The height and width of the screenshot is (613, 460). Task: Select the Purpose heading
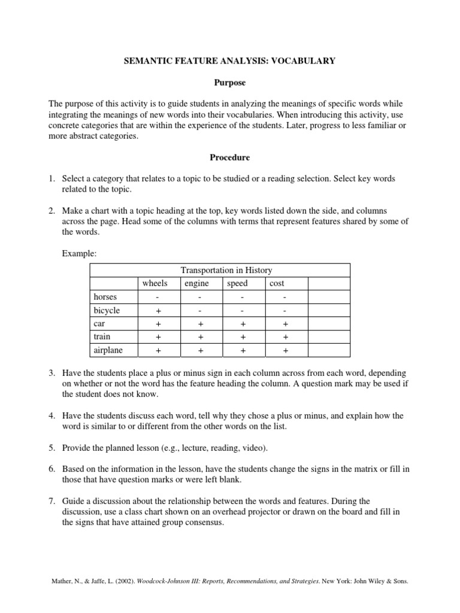coord(229,82)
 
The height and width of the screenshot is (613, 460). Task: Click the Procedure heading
coord(229,157)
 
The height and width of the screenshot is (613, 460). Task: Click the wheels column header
coord(154,283)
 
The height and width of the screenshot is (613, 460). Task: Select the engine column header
coord(196,283)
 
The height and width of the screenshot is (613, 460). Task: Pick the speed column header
coord(237,283)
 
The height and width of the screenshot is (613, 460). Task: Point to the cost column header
coord(277,283)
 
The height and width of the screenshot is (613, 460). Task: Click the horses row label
coord(105,297)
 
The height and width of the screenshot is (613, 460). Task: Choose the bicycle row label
coord(107,310)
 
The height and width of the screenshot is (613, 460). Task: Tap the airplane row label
coord(108,350)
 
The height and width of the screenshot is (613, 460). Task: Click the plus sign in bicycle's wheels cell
coord(159,311)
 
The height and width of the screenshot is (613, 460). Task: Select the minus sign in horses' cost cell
coord(285,298)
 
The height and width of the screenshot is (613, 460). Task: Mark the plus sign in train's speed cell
coord(243,337)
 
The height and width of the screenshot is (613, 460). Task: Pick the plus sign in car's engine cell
coord(201,324)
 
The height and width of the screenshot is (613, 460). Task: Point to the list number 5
coord(52,448)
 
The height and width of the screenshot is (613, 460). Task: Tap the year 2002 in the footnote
coord(113,581)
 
